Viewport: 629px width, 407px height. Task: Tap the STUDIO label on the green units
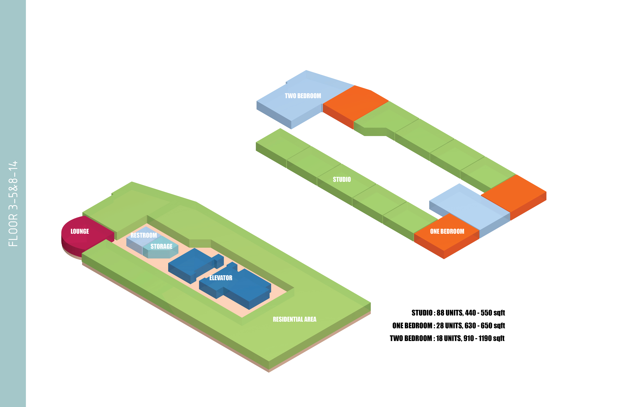[342, 179]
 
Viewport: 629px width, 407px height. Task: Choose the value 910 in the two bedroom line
[469, 338]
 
